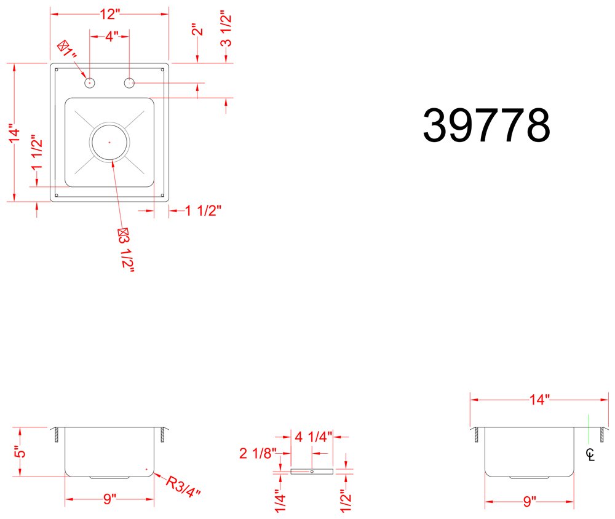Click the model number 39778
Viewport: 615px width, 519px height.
[x=486, y=125]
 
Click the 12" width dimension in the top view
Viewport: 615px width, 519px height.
[x=109, y=14]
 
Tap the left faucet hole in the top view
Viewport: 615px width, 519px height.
[x=90, y=83]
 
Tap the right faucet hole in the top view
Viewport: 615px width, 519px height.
[x=129, y=83]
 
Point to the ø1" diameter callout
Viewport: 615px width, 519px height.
[x=66, y=49]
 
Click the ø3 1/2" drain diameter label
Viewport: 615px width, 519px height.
[x=125, y=250]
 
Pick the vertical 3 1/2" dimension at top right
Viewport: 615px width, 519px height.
[x=226, y=30]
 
